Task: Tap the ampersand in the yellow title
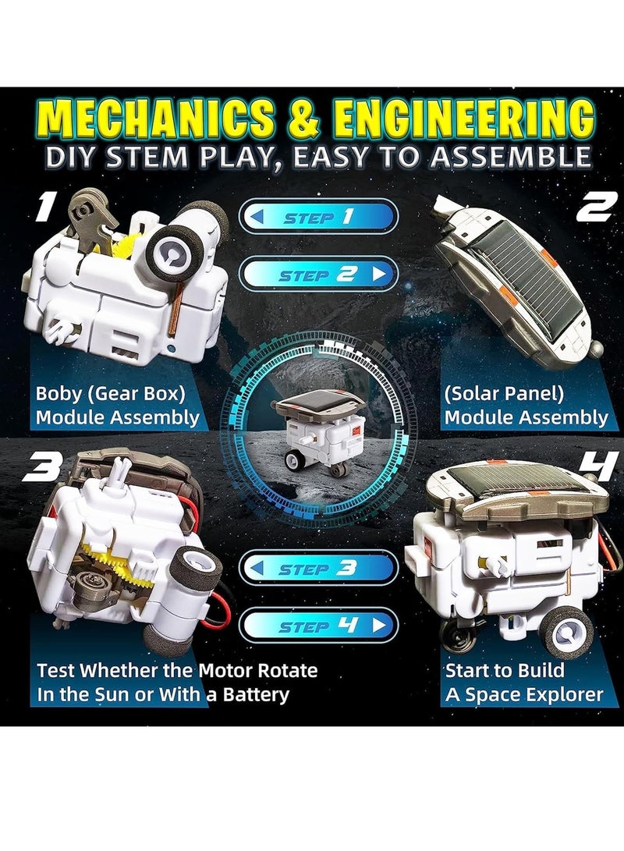coord(302,119)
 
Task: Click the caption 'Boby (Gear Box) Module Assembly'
coord(117,404)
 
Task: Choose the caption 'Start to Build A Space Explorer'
coord(523,682)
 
